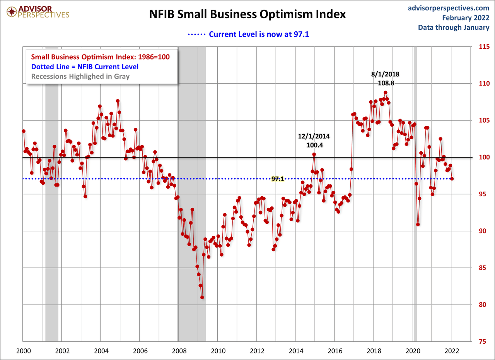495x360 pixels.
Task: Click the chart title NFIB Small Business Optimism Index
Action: (x=247, y=14)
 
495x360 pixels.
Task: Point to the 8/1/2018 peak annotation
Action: (x=385, y=74)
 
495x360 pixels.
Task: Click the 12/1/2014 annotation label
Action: (x=314, y=136)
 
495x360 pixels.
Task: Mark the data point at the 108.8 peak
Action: (x=385, y=93)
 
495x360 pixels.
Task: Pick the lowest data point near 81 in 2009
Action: (x=202, y=297)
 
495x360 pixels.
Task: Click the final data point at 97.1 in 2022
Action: (x=452, y=179)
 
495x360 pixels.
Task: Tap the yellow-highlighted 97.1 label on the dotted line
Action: (x=278, y=179)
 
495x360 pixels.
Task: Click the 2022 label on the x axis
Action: (x=451, y=351)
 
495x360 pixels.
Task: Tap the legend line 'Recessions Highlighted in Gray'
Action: (x=80, y=76)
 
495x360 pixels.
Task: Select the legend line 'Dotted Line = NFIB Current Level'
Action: (x=85, y=67)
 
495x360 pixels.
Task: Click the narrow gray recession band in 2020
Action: (x=415, y=194)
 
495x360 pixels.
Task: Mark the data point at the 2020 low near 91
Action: (x=418, y=224)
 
